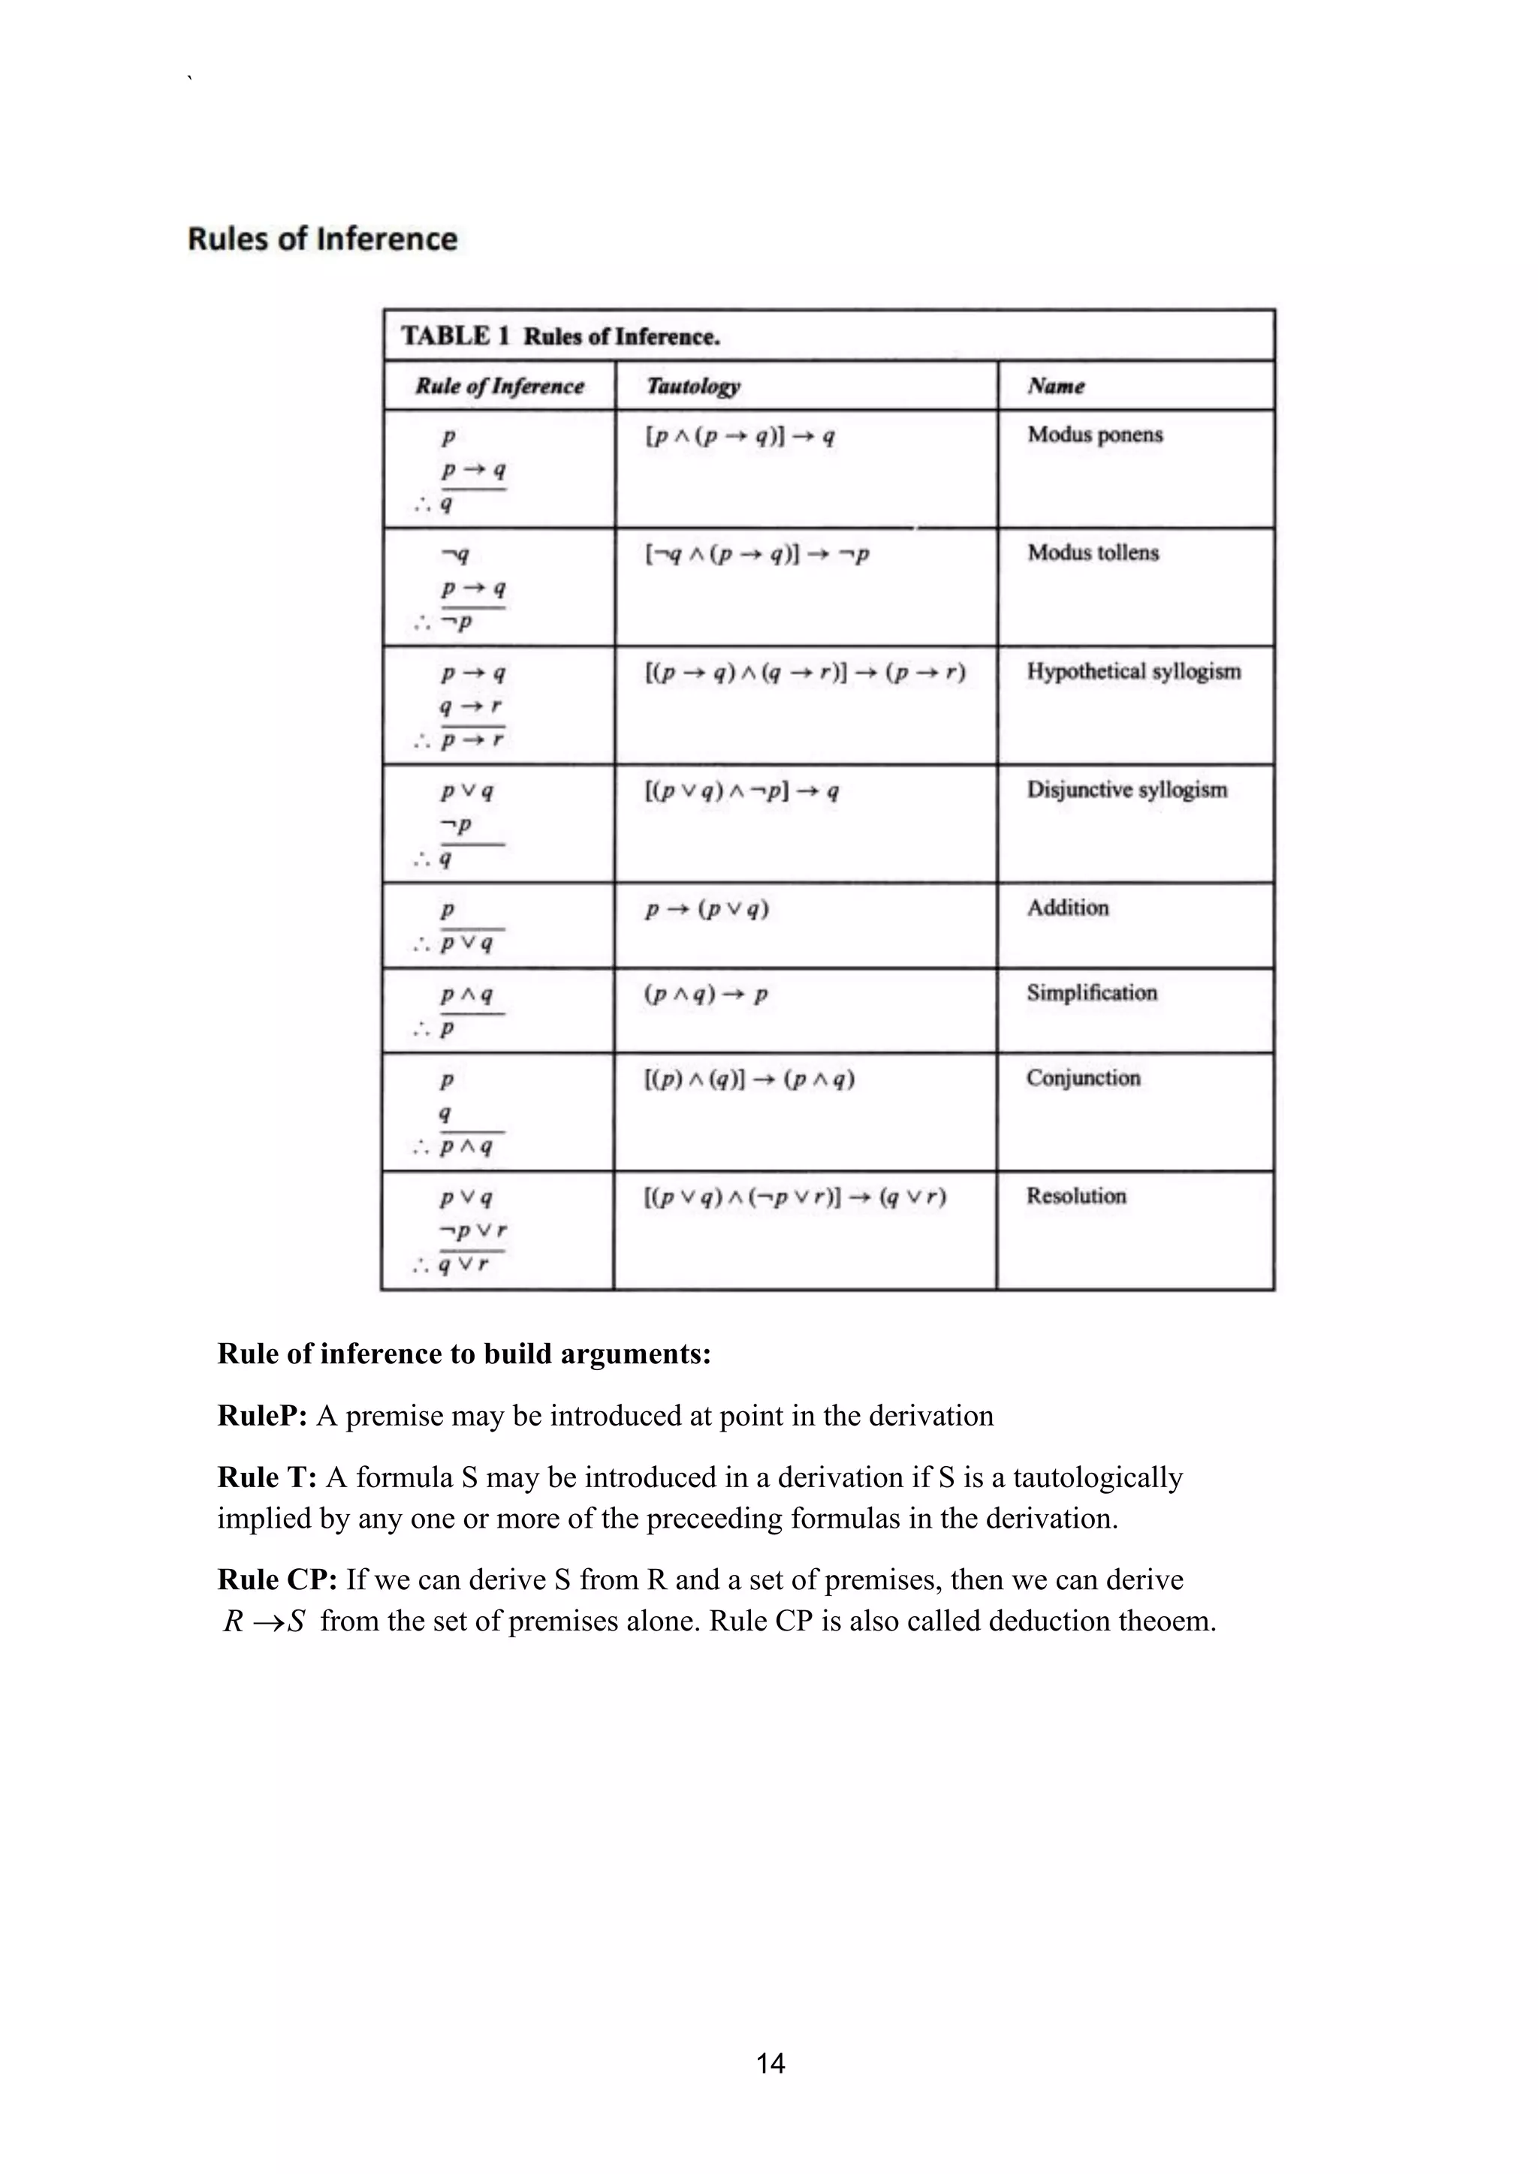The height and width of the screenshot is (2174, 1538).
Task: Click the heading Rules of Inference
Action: (322, 239)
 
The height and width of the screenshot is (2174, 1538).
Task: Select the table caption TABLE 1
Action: (454, 336)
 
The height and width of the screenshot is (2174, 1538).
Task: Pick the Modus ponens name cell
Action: (1095, 435)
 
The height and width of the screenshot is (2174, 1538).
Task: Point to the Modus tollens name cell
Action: (1093, 553)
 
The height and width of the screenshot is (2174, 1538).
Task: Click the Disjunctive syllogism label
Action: (1127, 790)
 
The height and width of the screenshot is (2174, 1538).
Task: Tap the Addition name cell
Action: (1067, 908)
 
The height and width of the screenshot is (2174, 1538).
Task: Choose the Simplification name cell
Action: (1091, 993)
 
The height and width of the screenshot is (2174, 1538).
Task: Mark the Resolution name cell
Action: (1076, 1196)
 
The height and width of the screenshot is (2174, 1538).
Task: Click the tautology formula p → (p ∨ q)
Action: (707, 910)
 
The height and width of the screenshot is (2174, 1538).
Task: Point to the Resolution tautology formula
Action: (795, 1198)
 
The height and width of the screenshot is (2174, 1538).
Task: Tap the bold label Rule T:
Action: (266, 1477)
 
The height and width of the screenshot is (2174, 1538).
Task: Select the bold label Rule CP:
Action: (276, 1579)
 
